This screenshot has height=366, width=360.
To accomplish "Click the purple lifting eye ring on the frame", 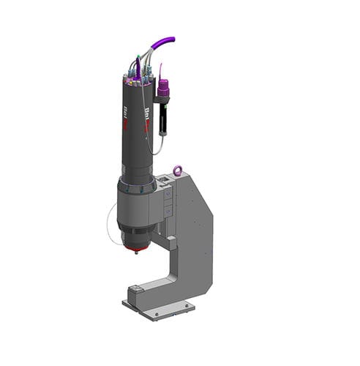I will (x=177, y=171).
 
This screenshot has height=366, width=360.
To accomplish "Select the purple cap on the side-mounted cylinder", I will (x=163, y=89).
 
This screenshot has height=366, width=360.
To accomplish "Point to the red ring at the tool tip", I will (x=137, y=250).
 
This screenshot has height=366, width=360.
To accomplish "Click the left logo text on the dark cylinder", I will (x=126, y=116).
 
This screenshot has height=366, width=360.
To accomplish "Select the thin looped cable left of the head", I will (x=112, y=223).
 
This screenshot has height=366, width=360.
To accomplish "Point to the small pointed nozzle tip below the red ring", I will (x=136, y=254).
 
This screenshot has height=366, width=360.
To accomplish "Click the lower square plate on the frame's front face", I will (x=168, y=212).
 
